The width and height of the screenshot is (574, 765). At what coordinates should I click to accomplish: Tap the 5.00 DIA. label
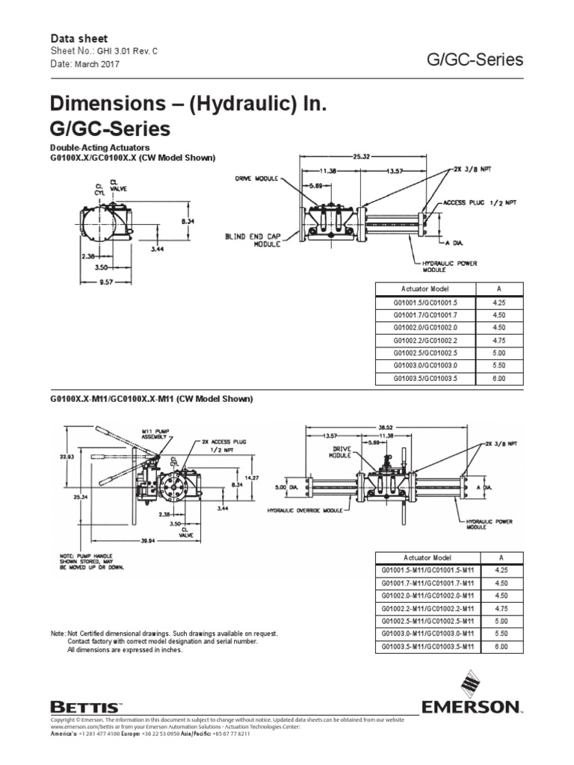285,486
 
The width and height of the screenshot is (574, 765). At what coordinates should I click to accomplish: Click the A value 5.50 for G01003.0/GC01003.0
499,367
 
